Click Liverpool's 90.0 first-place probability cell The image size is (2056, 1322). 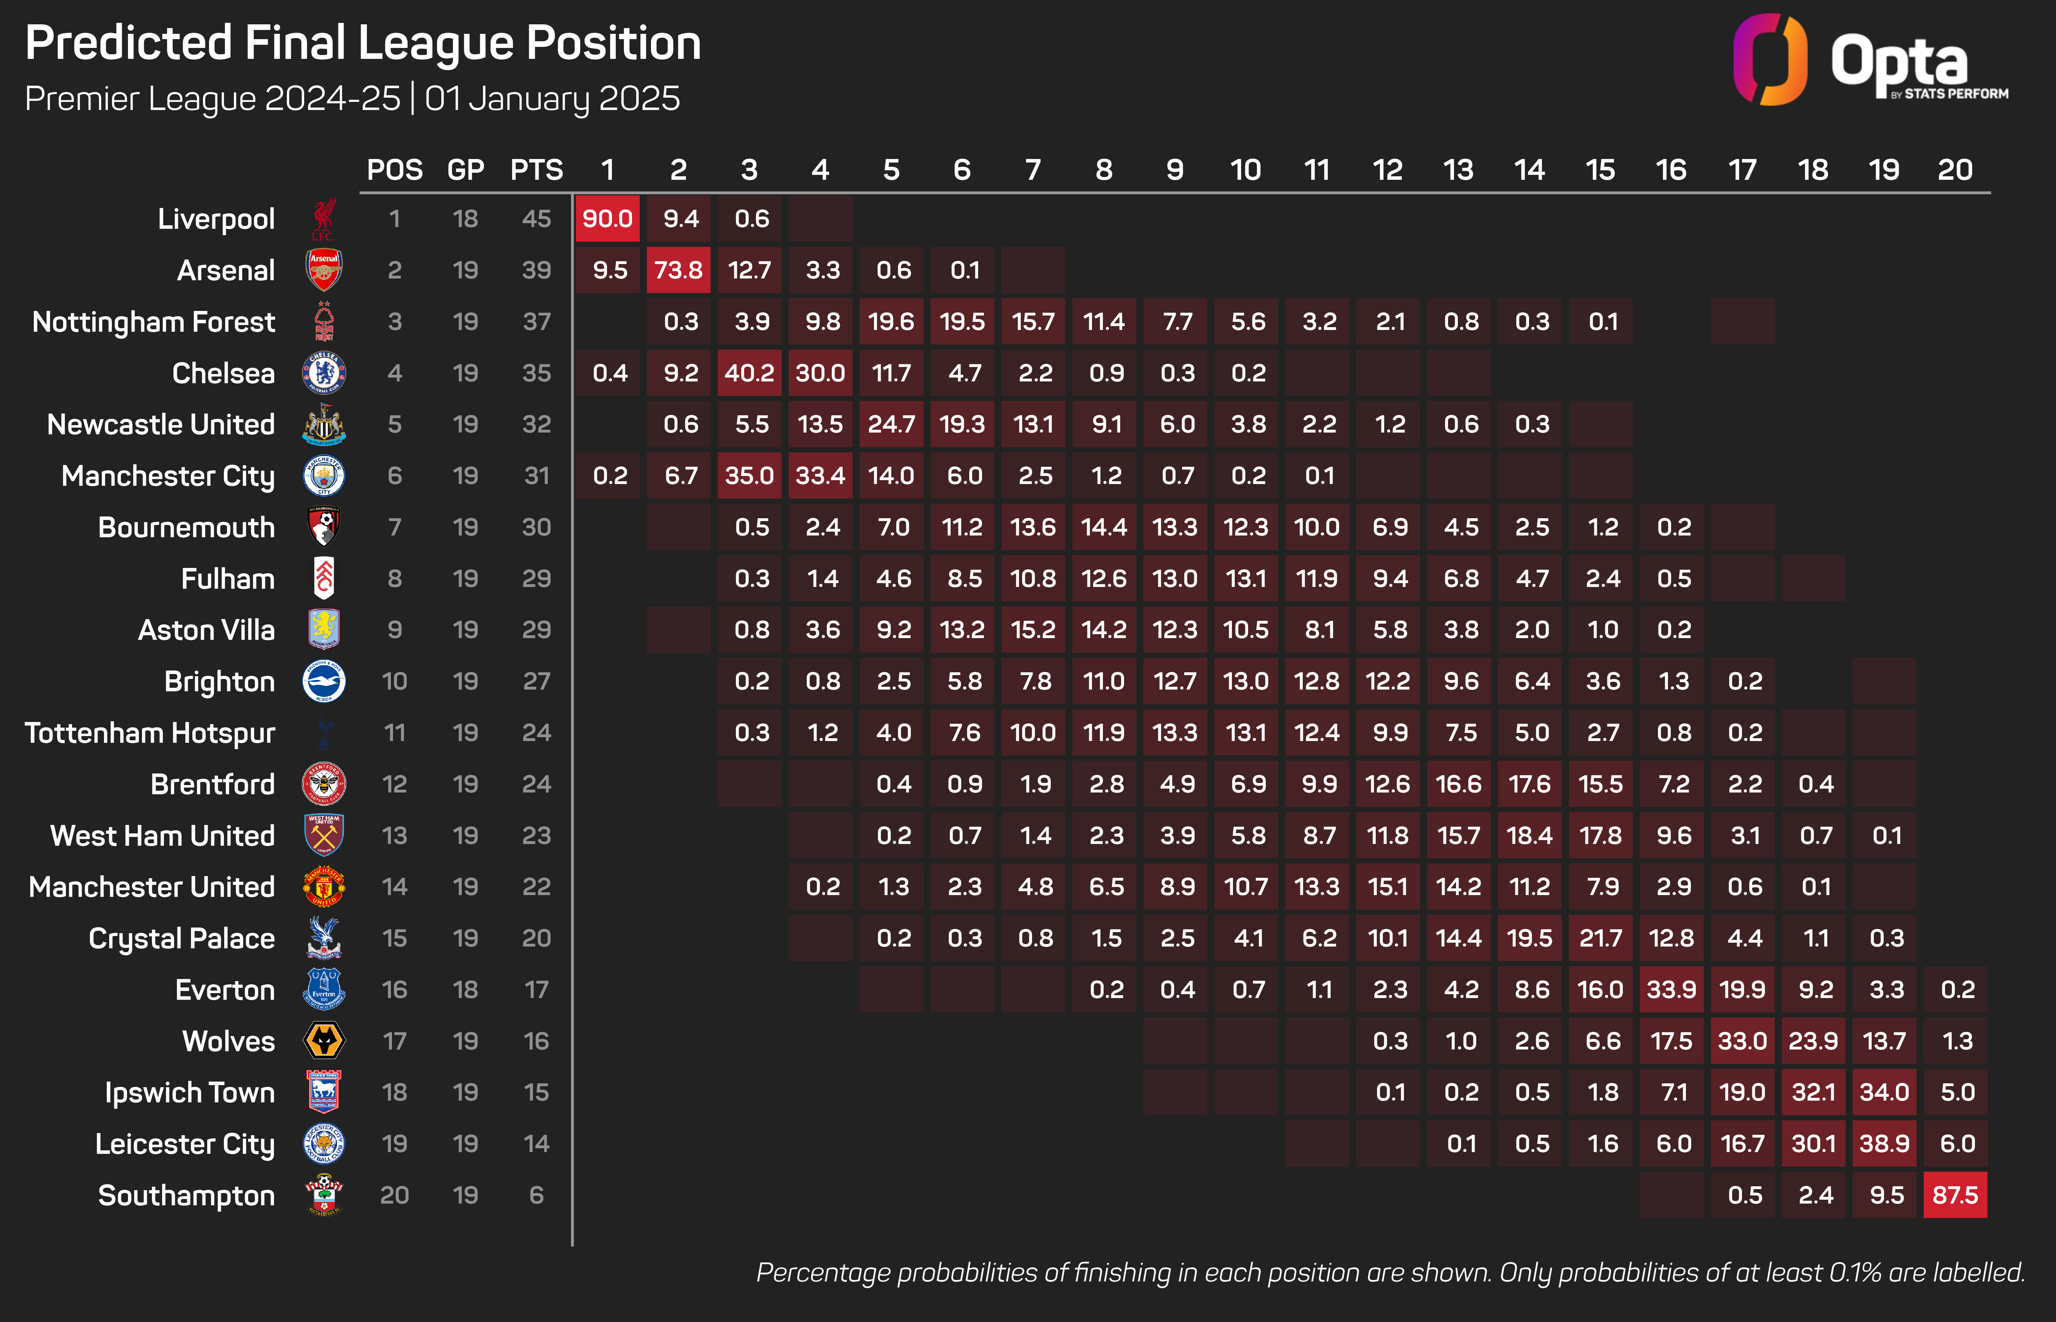[x=608, y=219]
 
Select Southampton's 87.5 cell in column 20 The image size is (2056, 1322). [x=1955, y=1195]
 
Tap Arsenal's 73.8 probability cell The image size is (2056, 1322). [x=678, y=270]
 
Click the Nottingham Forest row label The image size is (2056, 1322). [x=154, y=322]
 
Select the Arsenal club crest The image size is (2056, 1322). [x=324, y=270]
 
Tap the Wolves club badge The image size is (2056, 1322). [x=324, y=1040]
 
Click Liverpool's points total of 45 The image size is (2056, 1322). [x=536, y=219]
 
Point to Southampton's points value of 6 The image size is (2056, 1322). [x=536, y=1195]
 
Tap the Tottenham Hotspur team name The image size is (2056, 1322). [x=150, y=733]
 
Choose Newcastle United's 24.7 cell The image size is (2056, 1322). [x=891, y=424]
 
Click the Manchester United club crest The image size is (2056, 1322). [x=324, y=887]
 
